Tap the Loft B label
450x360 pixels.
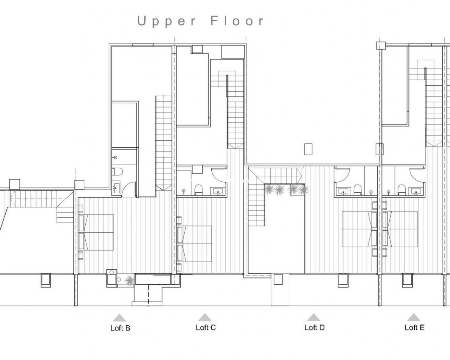coord(121,328)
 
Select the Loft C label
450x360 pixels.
coord(206,327)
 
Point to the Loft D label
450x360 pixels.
coord(315,327)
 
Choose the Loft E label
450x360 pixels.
coord(414,327)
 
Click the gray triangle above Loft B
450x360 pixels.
coord(120,317)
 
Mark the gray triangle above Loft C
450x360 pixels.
coord(205,317)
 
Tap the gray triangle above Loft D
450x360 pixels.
coord(314,317)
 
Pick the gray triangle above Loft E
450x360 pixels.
coord(414,317)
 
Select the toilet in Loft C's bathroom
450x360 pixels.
coord(198,189)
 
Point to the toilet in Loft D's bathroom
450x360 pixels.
coord(358,189)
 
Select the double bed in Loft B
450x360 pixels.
coord(96,232)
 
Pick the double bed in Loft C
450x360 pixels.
coord(194,244)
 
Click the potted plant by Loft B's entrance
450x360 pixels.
coord(129,280)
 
